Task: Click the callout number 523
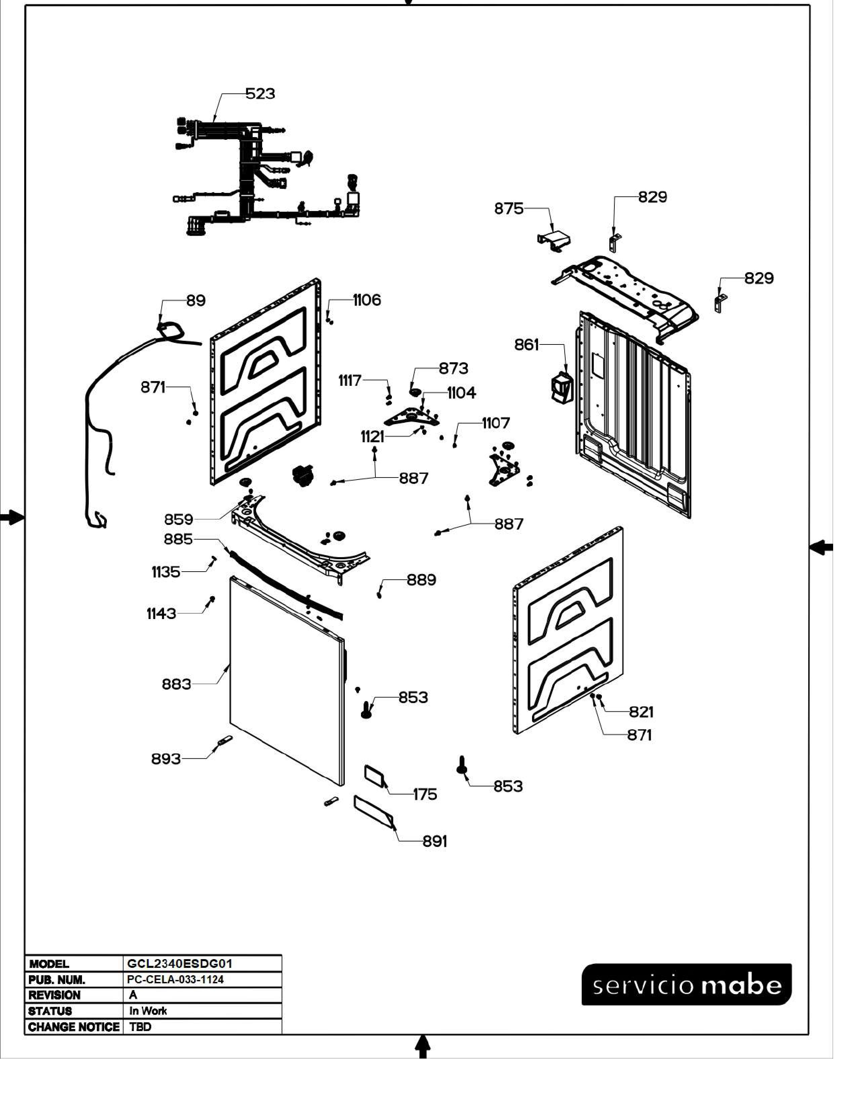[260, 94]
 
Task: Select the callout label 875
[508, 209]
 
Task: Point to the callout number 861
[526, 345]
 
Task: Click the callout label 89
[196, 301]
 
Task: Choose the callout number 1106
[367, 301]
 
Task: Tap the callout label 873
[453, 369]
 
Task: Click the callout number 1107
[495, 423]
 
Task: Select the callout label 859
[178, 520]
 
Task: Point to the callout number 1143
[161, 614]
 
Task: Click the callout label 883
[176, 685]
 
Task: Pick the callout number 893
[165, 759]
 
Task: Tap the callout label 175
[425, 795]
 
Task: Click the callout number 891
[435, 842]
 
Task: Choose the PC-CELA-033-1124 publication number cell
[175, 980]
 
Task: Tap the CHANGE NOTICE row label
[74, 1027]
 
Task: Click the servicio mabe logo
[686, 985]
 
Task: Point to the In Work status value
[148, 1011]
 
